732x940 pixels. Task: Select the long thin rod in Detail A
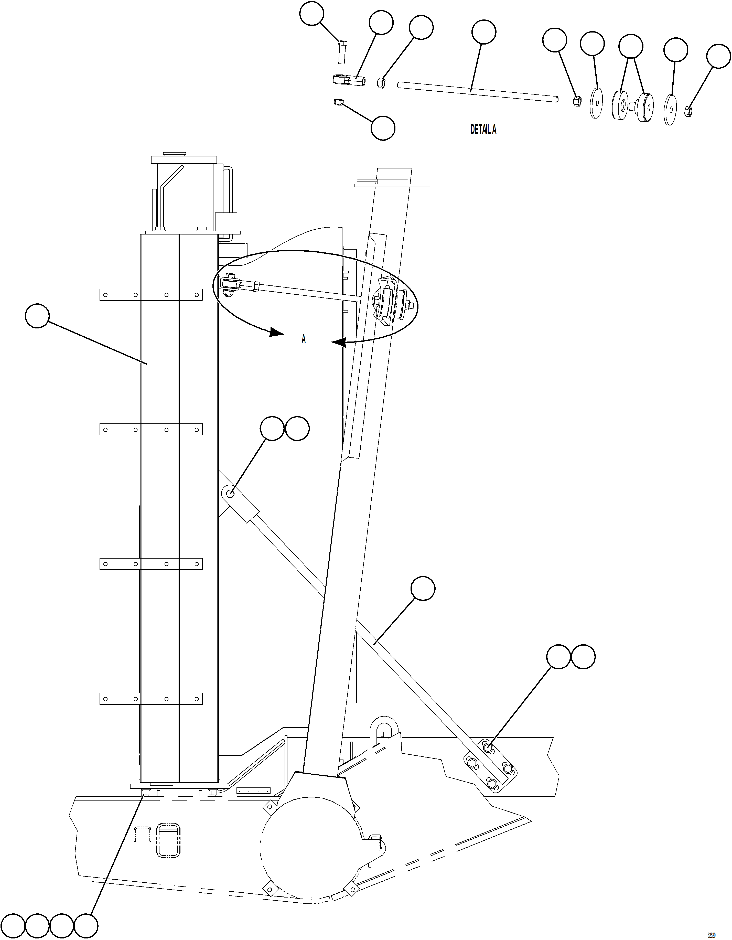click(x=478, y=92)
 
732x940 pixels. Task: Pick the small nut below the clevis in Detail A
click(x=338, y=102)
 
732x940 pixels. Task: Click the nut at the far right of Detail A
click(x=688, y=111)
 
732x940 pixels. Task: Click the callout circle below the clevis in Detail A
click(x=383, y=128)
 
